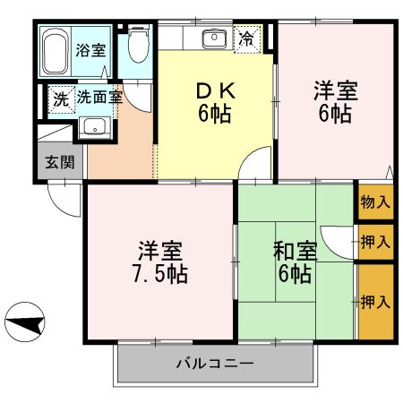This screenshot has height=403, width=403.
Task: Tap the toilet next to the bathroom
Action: tap(137, 45)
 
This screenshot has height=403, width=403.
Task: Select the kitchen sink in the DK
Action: tap(214, 39)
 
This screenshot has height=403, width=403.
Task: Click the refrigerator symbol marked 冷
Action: tap(246, 38)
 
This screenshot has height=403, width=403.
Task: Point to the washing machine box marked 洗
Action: tap(59, 97)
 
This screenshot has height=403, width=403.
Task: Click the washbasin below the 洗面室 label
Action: tap(93, 126)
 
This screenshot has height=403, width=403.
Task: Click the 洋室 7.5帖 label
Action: tap(162, 261)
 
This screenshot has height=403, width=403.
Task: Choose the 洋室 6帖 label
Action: tap(333, 103)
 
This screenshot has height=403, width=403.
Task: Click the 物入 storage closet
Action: tap(375, 201)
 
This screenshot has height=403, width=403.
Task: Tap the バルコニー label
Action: tap(215, 364)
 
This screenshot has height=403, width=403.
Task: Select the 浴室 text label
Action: tap(89, 50)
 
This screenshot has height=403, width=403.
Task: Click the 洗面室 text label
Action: tap(99, 97)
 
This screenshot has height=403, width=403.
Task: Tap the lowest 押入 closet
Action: tap(375, 301)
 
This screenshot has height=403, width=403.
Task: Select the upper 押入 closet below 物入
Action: tap(375, 240)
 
